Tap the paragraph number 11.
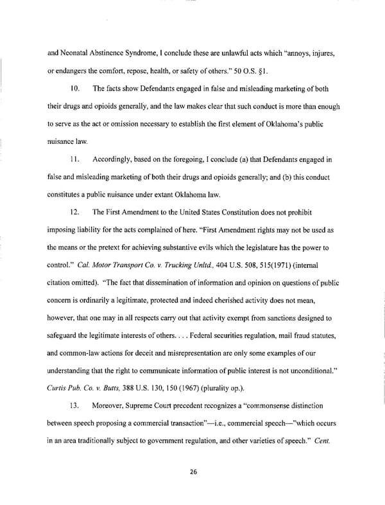(x=74, y=158)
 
